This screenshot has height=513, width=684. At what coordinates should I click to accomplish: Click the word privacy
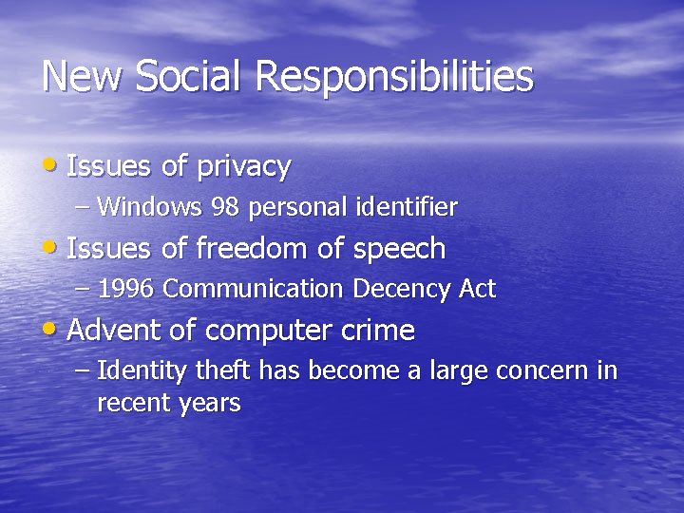click(243, 167)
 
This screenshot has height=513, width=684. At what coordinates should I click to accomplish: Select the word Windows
click(150, 206)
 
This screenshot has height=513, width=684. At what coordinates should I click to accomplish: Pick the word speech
click(399, 250)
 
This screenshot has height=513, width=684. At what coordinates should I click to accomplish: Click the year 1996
click(127, 289)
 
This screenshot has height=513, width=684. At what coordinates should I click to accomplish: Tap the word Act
click(478, 289)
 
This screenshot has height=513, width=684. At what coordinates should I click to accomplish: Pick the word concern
click(541, 371)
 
